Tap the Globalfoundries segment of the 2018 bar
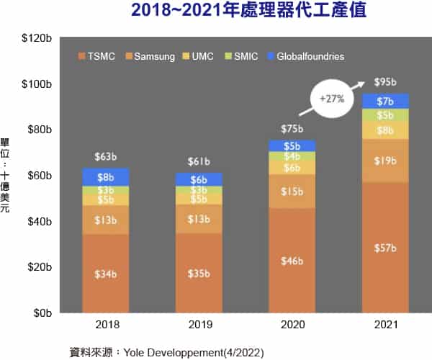coord(105,176)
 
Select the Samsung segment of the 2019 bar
coord(199,219)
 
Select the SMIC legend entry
coord(240,56)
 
